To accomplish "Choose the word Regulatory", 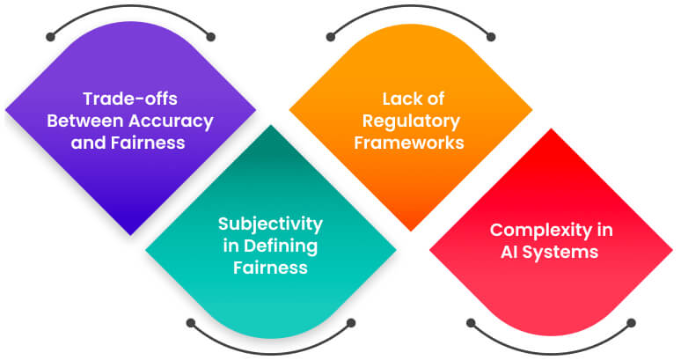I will coord(409,121).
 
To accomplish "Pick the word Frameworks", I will coord(409,143).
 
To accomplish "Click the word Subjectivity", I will coord(270,223).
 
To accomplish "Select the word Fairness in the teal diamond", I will coord(270,268).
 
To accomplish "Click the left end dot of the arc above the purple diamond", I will coord(49,37).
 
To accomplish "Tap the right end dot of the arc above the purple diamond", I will coord(211,37).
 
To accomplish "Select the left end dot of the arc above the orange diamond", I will coord(331,37).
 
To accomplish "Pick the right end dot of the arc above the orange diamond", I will coord(491,37).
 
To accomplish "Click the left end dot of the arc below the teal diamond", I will coord(190,323).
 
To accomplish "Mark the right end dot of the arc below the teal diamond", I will coord(351,323).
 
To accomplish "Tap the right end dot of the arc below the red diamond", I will coord(632,323).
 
